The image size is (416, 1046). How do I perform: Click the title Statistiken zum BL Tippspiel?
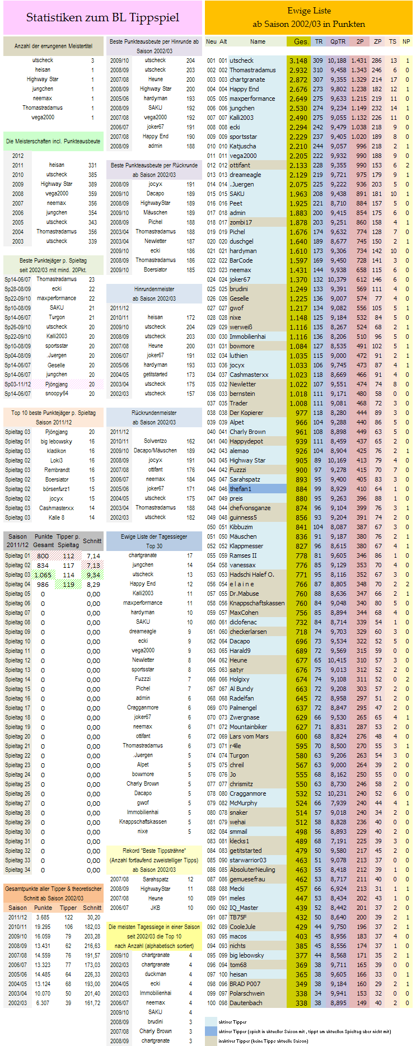click(x=102, y=17)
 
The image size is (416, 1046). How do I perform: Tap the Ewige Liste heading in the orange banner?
click(x=309, y=11)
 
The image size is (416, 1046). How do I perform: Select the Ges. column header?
click(x=301, y=41)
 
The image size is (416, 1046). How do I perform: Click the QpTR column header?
click(x=338, y=41)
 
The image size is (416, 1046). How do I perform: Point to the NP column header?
click(x=406, y=41)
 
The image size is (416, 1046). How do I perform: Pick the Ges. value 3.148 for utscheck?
click(x=298, y=60)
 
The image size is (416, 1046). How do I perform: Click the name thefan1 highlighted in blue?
click(x=241, y=489)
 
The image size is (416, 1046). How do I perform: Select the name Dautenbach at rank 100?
click(x=246, y=1002)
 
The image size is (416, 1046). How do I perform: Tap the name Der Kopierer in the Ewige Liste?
click(x=246, y=413)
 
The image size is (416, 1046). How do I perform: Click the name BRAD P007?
click(x=245, y=983)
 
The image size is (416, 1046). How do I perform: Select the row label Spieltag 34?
click(x=18, y=870)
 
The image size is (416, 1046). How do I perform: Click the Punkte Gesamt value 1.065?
click(x=43, y=575)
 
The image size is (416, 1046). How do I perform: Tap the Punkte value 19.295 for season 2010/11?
click(x=43, y=927)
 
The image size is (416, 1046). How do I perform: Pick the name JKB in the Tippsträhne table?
click(x=155, y=908)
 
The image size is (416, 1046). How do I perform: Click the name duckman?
click(x=155, y=974)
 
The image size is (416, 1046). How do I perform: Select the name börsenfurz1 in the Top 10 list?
click(x=57, y=489)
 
